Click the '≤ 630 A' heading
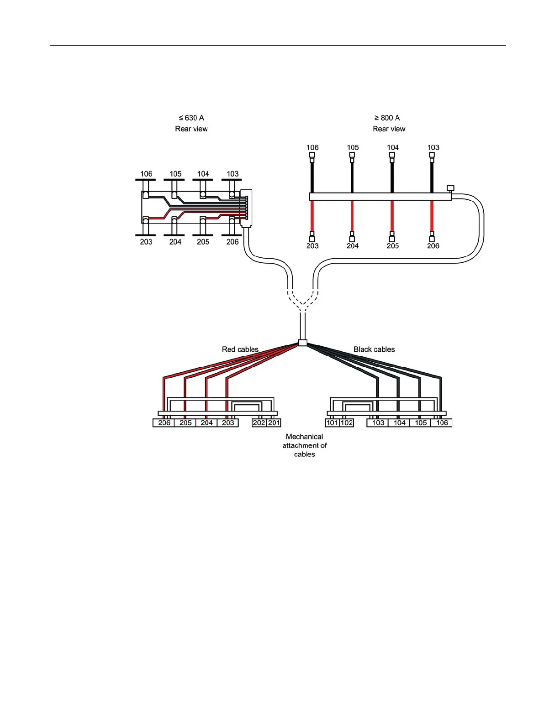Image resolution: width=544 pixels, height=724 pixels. click(x=191, y=118)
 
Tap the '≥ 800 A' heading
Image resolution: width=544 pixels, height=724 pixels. click(x=387, y=118)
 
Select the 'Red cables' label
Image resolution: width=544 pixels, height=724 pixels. click(x=240, y=349)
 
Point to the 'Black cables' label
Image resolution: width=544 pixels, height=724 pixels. click(x=374, y=349)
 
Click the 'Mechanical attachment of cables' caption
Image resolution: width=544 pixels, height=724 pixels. click(x=304, y=445)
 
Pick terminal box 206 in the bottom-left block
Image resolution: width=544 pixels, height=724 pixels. click(x=164, y=423)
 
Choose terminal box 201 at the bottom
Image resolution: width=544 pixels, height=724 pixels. click(x=274, y=423)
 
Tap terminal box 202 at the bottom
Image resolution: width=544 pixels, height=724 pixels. click(x=259, y=423)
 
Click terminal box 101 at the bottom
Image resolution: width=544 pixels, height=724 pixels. click(x=332, y=423)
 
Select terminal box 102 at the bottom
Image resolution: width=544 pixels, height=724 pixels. click(x=347, y=423)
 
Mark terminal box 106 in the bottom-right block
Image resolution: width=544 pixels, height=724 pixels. click(x=442, y=423)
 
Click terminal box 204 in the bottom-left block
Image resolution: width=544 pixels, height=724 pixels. click(x=206, y=423)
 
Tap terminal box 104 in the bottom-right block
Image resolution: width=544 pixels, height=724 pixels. click(x=399, y=423)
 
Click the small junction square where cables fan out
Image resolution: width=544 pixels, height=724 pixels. click(x=302, y=343)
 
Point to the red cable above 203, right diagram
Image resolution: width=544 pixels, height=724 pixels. click(x=312, y=216)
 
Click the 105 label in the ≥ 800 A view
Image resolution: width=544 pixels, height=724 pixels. click(x=353, y=148)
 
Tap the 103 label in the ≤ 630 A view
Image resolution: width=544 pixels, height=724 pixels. click(x=232, y=174)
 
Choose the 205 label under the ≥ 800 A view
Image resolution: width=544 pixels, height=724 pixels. click(x=392, y=246)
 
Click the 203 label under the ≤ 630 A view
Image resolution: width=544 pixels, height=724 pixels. click(x=146, y=242)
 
